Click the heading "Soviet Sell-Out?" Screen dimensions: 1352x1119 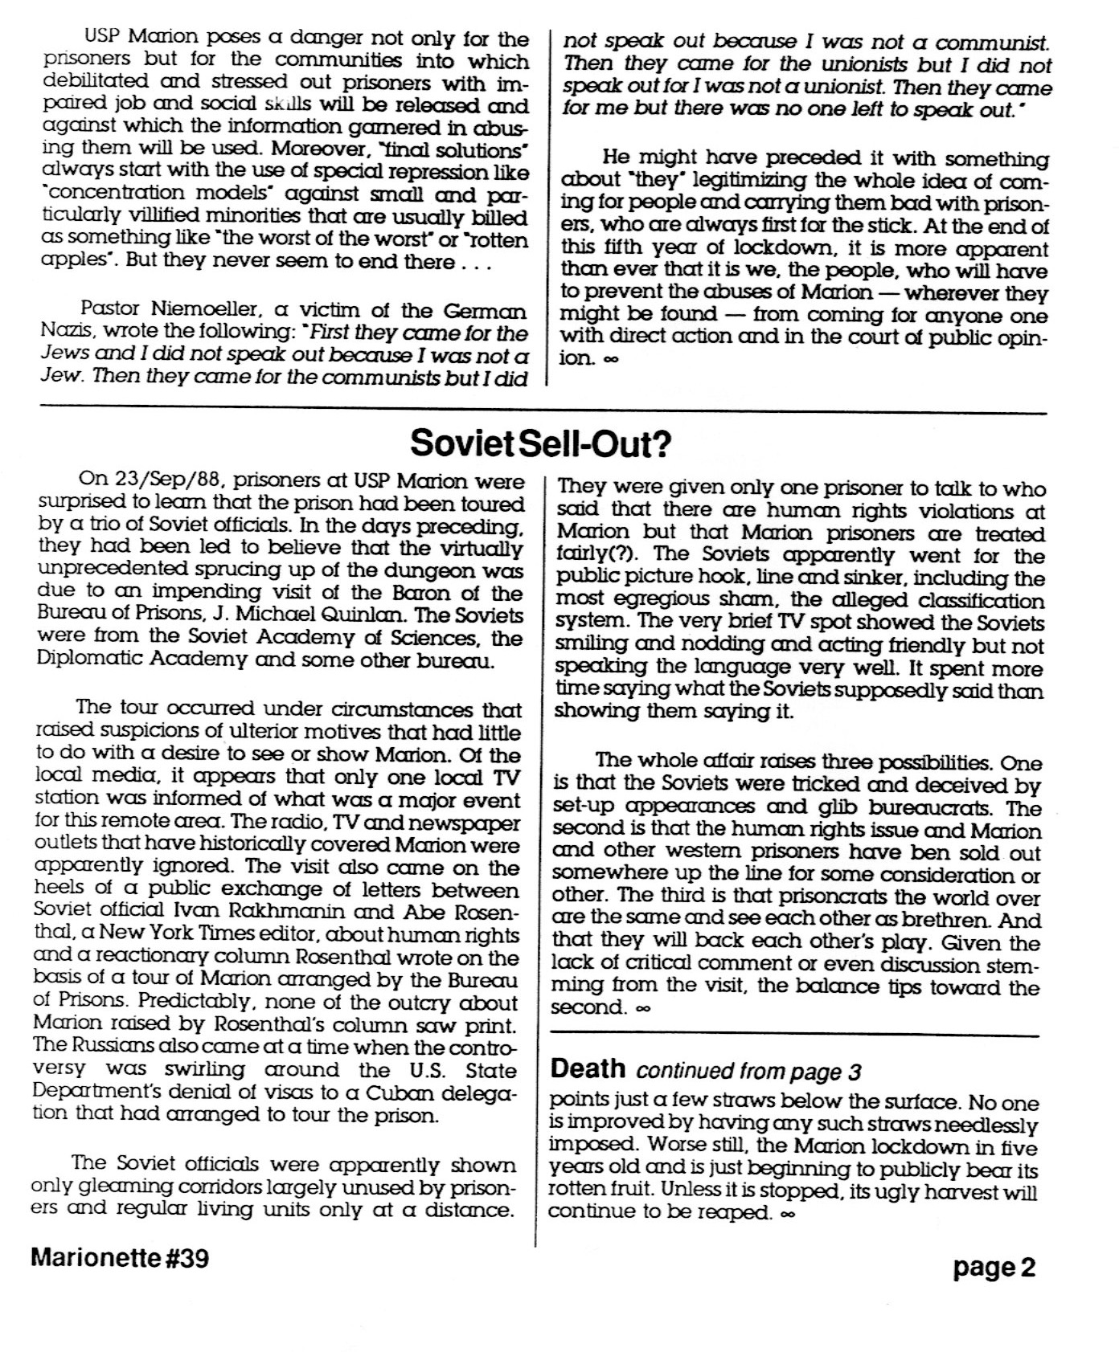[539, 443]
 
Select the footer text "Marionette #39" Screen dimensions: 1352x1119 [120, 1258]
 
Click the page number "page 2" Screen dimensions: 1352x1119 [994, 1268]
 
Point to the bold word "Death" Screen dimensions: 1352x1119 [588, 1068]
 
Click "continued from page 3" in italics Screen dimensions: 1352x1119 [748, 1072]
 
